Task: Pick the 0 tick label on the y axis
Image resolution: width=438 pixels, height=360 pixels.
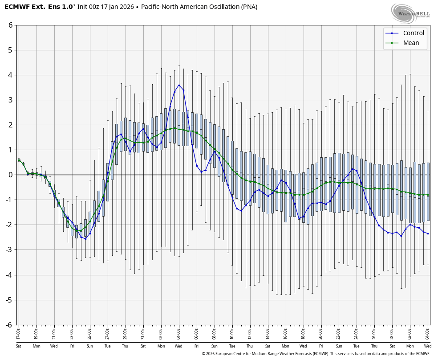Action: (10, 175)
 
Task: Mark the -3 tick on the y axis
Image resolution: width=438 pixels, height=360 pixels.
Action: (9, 250)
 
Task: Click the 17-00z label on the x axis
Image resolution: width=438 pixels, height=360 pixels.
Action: (19, 333)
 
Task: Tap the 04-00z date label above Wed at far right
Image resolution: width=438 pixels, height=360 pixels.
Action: (428, 333)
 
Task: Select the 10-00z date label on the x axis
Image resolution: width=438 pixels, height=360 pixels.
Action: (232, 333)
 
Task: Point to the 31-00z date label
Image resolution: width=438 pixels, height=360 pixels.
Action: (143, 333)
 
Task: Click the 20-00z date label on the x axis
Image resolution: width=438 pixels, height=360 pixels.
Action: (321, 333)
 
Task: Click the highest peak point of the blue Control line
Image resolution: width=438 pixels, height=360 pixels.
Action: (179, 85)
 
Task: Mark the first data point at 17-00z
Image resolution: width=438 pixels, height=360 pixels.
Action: (19, 160)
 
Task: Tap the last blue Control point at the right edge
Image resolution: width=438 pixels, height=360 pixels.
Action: (428, 233)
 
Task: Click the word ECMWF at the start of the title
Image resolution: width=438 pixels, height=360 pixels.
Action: (15, 7)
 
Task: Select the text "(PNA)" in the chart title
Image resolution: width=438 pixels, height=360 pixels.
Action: (248, 7)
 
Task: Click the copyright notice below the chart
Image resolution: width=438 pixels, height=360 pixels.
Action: (316, 354)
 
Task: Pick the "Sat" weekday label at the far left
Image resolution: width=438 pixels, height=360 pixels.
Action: (19, 346)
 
